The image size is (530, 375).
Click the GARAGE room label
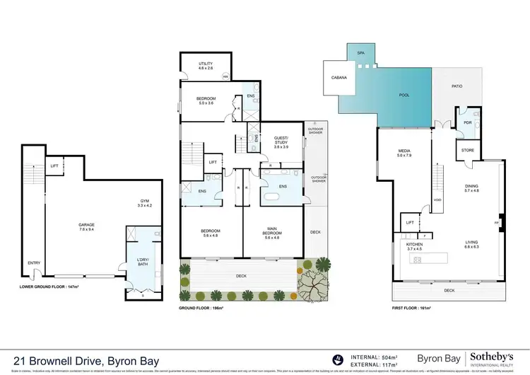(x=86, y=224)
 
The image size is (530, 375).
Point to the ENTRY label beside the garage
(x=34, y=262)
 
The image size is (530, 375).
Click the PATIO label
(x=457, y=86)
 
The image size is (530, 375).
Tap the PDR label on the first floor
(x=466, y=120)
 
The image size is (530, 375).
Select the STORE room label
(x=466, y=150)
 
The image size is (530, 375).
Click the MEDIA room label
(x=404, y=151)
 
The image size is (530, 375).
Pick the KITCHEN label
(x=414, y=245)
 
